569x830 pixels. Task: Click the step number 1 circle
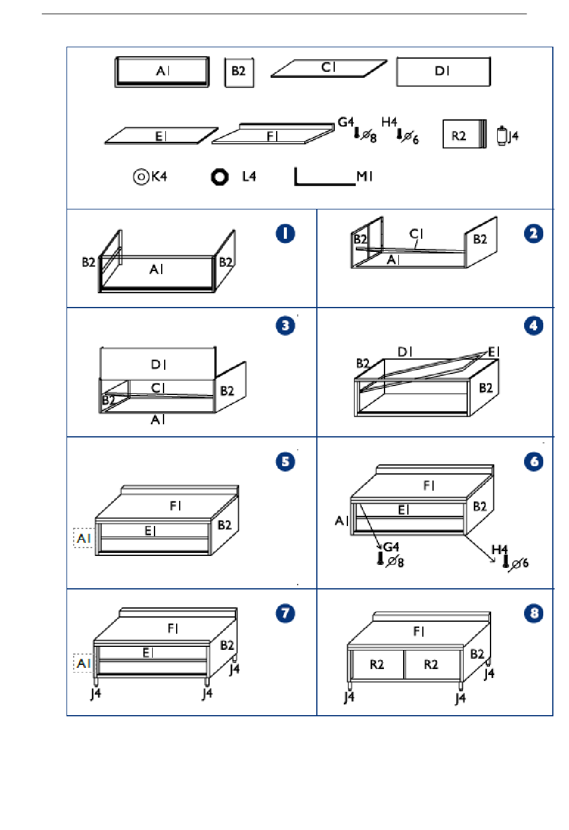(285, 234)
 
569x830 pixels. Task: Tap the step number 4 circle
(534, 326)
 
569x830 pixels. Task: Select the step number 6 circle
(534, 462)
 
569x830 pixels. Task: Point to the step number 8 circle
(534, 613)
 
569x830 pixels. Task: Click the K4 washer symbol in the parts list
(141, 177)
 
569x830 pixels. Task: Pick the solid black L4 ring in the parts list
(220, 177)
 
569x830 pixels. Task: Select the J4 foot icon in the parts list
(501, 136)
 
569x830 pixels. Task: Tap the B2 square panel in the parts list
(239, 72)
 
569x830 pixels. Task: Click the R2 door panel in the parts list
(464, 134)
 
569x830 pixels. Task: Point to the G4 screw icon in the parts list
(357, 133)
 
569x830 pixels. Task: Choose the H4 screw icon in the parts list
(399, 134)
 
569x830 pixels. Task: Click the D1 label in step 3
(158, 364)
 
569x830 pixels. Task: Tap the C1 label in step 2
(416, 234)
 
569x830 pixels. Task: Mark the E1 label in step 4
(494, 352)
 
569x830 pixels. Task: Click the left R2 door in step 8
(377, 665)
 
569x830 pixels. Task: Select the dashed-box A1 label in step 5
(83, 538)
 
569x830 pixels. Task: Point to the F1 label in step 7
(173, 628)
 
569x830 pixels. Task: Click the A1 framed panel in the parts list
(162, 72)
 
